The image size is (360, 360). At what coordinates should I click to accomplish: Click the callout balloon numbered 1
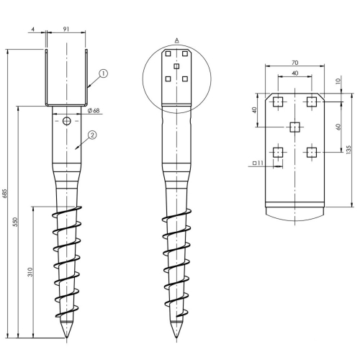[x=103, y=73]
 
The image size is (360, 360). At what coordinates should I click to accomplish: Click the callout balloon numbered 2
[x=92, y=135]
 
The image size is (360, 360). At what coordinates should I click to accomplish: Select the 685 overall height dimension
[x=5, y=194]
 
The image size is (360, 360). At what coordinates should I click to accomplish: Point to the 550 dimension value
[x=15, y=222]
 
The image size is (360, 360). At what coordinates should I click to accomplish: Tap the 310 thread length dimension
[x=30, y=272]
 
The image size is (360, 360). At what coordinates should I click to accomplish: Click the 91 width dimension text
[x=66, y=29]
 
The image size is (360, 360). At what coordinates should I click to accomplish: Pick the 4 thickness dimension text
[x=33, y=30]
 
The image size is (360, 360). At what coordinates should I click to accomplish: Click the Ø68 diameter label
[x=94, y=111]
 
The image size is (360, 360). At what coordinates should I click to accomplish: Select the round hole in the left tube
[x=67, y=121]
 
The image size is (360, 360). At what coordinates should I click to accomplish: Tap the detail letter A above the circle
[x=177, y=40]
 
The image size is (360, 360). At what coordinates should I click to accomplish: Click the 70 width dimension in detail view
[x=295, y=63]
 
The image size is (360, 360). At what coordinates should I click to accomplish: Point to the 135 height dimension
[x=348, y=149]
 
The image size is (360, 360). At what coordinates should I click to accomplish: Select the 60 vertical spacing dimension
[x=338, y=127]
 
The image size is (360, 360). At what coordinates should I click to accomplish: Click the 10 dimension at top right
[x=338, y=81]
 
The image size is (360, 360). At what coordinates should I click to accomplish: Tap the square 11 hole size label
[x=258, y=163]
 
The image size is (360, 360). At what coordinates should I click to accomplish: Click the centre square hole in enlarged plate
[x=294, y=127]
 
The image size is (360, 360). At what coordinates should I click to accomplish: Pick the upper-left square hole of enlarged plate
[x=278, y=102]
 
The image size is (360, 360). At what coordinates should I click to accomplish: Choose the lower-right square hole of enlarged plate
[x=312, y=152]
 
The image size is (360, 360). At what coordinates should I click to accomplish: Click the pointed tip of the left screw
[x=66, y=338]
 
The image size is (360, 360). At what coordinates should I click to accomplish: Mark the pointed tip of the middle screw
[x=176, y=338]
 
